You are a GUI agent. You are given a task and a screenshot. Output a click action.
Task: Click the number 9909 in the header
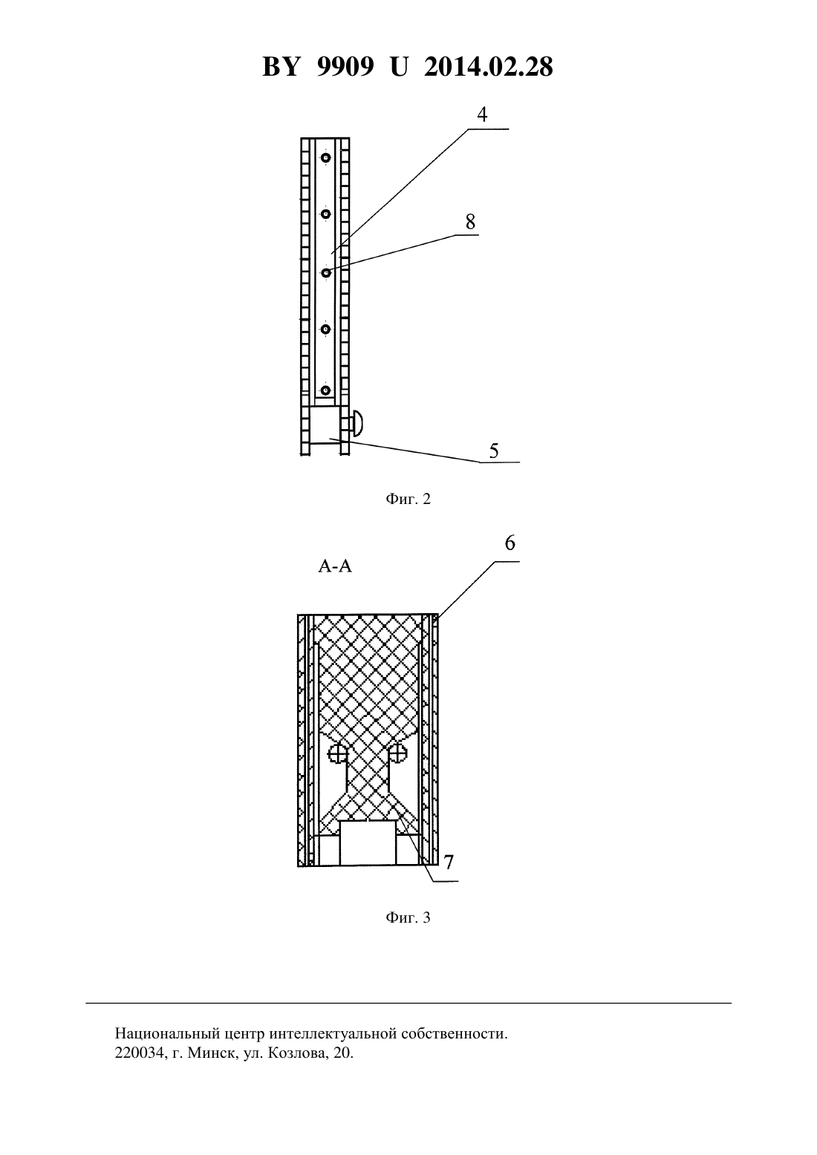[x=345, y=67]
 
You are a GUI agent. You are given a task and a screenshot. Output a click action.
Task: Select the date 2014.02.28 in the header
[x=489, y=67]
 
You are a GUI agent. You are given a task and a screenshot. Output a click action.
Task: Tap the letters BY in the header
[x=280, y=67]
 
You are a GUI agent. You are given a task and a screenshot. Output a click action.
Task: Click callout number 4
[x=482, y=114]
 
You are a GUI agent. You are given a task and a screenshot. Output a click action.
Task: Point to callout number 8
[x=470, y=222]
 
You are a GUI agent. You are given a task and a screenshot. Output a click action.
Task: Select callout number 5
[x=494, y=451]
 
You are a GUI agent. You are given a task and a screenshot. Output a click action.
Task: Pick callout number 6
[x=510, y=543]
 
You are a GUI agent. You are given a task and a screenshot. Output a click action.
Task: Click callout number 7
[x=449, y=862]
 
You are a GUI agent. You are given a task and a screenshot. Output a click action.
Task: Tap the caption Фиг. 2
[x=408, y=499]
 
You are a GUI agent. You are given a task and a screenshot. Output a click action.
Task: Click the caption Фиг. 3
[x=408, y=917]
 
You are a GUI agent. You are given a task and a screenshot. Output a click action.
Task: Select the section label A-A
[x=335, y=566]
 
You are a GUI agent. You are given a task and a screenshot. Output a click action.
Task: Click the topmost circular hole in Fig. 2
[x=326, y=158]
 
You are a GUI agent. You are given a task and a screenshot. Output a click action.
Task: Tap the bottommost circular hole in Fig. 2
[x=325, y=390]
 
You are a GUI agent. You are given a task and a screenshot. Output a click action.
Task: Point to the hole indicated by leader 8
[x=326, y=272]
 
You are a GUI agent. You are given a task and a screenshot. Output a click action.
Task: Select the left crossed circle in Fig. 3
[x=337, y=754]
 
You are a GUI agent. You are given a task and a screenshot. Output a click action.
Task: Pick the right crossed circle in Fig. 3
[x=398, y=754]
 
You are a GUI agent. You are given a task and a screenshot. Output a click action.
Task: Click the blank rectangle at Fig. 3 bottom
[x=367, y=843]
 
